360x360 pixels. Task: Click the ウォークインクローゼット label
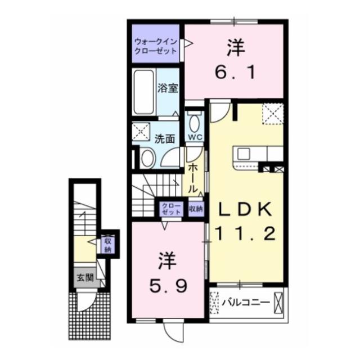(155, 46)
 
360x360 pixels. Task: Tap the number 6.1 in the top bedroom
(236, 72)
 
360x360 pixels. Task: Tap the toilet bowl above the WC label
(195, 121)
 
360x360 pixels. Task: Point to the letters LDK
(245, 209)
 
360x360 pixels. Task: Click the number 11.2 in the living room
(245, 232)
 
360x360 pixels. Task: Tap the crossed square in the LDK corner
(272, 115)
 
